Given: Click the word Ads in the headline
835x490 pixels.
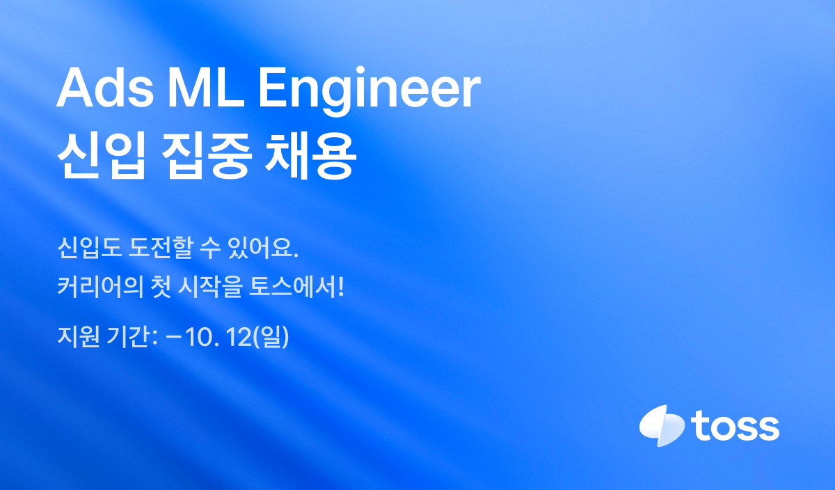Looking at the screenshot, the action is (105, 88).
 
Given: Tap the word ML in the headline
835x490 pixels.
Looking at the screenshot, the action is (207, 88).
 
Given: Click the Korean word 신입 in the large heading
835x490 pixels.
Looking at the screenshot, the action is (101, 157).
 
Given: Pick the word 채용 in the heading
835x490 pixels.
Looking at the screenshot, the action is (310, 157).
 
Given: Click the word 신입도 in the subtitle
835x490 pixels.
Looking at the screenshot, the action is (90, 248).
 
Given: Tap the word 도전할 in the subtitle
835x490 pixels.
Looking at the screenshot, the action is (161, 248).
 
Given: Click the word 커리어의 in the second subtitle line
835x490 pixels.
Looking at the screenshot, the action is (101, 287).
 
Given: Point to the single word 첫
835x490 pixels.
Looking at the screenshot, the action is (161, 287).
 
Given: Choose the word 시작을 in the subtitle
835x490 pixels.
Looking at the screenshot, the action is (210, 287).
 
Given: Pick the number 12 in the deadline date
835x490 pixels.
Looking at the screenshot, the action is (239, 337).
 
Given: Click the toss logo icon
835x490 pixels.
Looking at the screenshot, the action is (662, 425).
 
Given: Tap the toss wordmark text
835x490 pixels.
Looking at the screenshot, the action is (735, 426).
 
